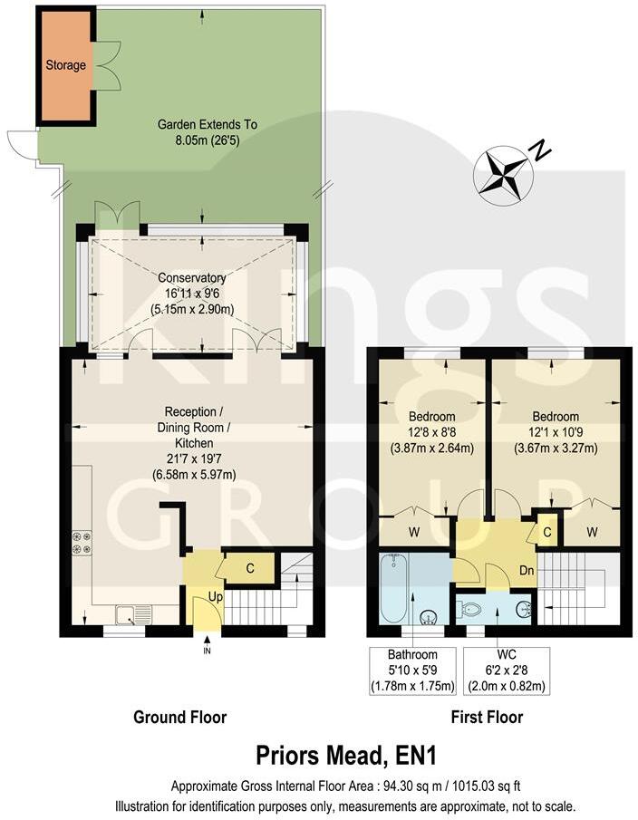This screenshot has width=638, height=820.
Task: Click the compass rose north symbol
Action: pos(503,172)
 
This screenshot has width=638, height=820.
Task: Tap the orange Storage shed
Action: pos(66,66)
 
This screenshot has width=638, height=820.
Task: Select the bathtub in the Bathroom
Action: pos(395,588)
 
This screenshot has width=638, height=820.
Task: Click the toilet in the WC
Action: pos(472,610)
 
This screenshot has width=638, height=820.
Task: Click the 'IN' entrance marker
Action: pos(207,650)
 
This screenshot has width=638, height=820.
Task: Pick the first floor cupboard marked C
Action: pos(547,531)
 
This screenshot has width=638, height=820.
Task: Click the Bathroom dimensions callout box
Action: pos(412,670)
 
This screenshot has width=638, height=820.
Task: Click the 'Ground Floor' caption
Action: pos(180,718)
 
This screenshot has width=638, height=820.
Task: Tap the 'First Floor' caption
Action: pos(487,718)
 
